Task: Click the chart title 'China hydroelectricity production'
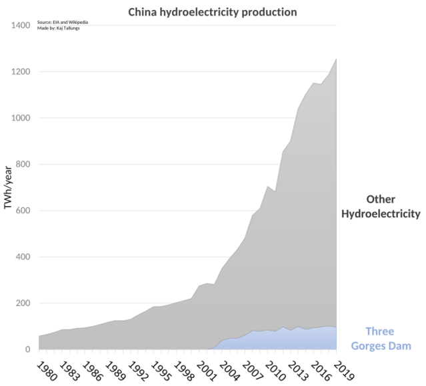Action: click(x=213, y=13)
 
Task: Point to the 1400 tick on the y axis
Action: click(x=21, y=25)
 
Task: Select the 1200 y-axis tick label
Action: click(x=21, y=72)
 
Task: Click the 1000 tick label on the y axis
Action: click(x=21, y=118)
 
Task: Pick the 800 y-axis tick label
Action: click(x=23, y=165)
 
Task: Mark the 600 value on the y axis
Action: click(x=23, y=211)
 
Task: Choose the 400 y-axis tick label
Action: click(x=23, y=257)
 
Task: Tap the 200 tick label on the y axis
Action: click(x=23, y=303)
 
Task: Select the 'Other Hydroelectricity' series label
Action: click(x=381, y=207)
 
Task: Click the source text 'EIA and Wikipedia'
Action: click(x=63, y=22)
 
